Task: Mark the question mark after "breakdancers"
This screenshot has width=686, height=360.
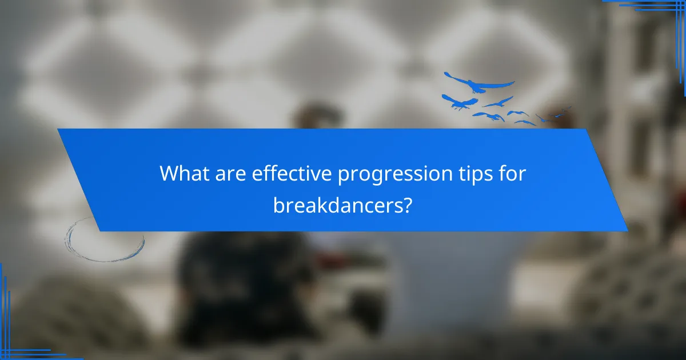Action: click(406, 203)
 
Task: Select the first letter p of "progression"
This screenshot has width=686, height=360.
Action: click(344, 176)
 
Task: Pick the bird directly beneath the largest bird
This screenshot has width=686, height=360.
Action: click(460, 103)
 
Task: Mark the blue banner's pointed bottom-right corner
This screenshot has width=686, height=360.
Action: click(627, 230)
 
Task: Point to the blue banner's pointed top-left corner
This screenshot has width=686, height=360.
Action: click(58, 130)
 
